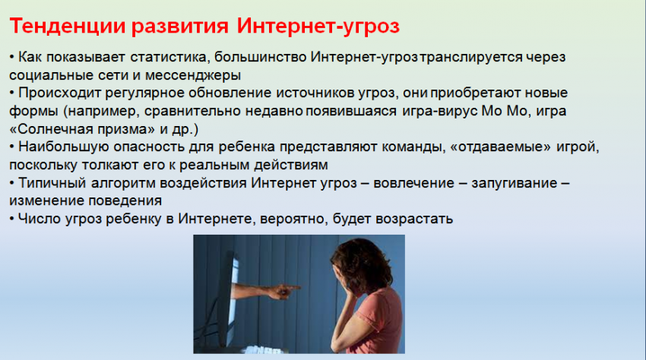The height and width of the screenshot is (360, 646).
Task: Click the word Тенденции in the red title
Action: [67, 26]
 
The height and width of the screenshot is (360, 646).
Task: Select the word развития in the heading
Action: [180, 27]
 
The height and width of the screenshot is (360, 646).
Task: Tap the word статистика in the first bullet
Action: [169, 57]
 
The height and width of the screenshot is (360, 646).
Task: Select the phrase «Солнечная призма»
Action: [82, 129]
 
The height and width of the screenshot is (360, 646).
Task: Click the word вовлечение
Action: [413, 183]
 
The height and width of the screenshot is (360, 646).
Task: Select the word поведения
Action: [125, 201]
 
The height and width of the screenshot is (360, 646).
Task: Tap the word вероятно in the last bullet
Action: [294, 219]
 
